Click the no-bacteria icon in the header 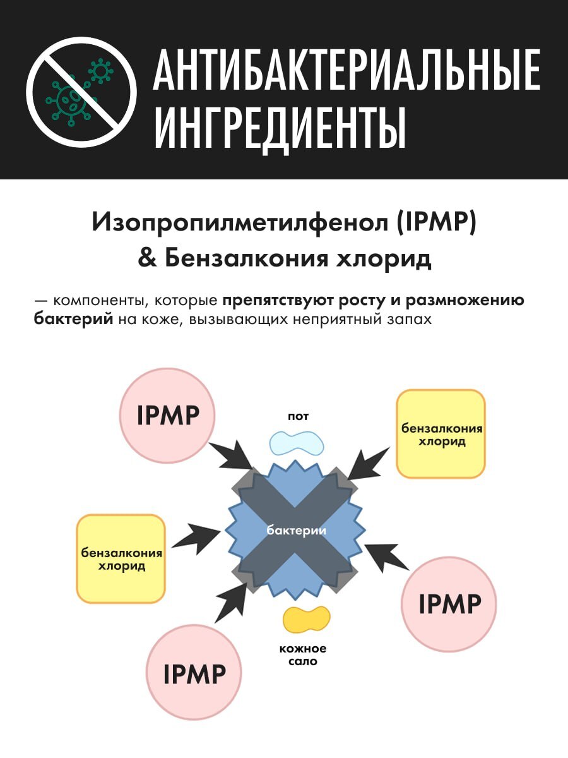[81, 92]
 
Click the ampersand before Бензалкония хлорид [147, 259]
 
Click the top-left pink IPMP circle [168, 416]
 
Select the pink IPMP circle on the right [449, 605]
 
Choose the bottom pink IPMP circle [194, 674]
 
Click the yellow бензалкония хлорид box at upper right [441, 433]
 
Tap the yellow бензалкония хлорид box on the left [121, 558]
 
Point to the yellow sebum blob [306, 620]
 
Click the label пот [298, 417]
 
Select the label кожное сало [303, 655]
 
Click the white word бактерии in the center [296, 531]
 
